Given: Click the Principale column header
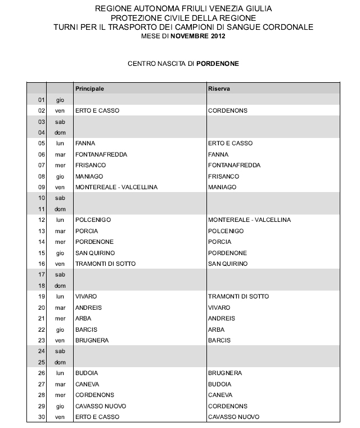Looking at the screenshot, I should [89, 89].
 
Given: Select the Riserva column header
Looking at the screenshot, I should [219, 89].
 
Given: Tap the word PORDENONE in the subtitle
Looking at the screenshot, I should [218, 64].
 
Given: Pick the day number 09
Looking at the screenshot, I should [40, 187].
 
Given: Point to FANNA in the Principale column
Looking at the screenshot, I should [84, 144].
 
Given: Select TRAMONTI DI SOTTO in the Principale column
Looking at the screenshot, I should [105, 264].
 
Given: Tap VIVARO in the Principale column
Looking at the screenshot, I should [86, 296].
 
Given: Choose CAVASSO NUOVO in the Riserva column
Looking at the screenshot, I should [233, 417].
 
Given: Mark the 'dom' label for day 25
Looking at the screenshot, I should [60, 362].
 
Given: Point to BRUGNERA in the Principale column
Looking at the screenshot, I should [91, 340].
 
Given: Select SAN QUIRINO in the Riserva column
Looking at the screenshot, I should [228, 264].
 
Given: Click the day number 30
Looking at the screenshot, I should [40, 417].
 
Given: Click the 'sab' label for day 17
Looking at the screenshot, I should [60, 275].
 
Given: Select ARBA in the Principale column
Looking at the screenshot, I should [83, 318].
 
